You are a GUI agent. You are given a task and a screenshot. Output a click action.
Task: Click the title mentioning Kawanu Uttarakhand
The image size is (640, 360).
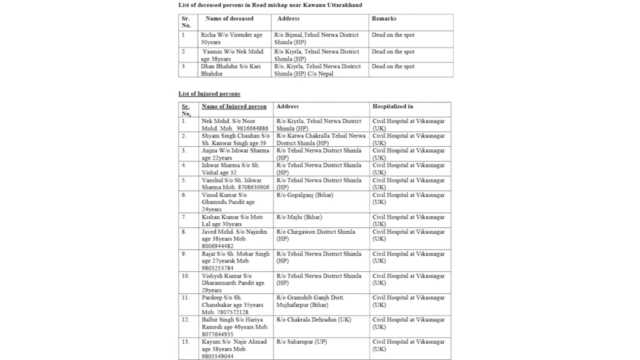[270, 5]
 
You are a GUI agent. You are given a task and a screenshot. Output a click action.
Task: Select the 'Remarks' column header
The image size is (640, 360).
[384, 19]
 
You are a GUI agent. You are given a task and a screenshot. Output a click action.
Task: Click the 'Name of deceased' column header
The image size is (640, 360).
[229, 19]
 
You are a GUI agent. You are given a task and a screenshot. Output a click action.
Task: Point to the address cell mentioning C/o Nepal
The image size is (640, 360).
[317, 70]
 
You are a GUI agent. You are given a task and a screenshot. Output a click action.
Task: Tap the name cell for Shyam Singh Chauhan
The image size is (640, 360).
[236, 139]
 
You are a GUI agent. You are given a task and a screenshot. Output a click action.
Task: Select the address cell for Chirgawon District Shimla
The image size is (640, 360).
[317, 235]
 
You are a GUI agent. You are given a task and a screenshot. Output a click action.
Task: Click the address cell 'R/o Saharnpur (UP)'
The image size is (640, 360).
[304, 342]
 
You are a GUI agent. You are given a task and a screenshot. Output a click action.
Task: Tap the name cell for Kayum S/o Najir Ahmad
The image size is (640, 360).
[234, 349]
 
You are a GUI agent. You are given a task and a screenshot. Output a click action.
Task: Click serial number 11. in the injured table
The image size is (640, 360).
[185, 297]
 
